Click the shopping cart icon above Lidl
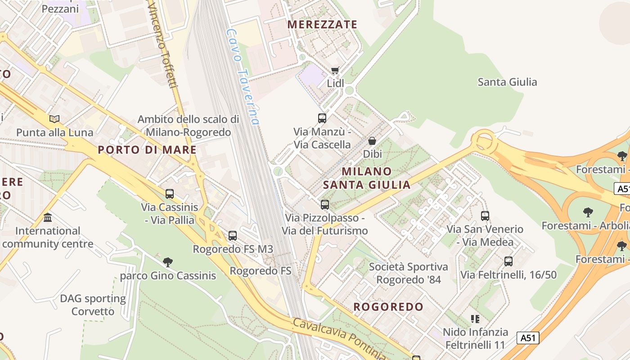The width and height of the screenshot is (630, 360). point(334,70)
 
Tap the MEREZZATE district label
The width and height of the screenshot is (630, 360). point(322,24)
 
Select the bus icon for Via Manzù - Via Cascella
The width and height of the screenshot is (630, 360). point(322,118)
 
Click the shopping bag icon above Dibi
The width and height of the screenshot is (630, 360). point(372,141)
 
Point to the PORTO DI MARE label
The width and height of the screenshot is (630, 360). point(147,150)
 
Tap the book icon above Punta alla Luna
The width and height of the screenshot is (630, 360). point(54,119)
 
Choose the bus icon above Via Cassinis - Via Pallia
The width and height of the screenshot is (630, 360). point(170,194)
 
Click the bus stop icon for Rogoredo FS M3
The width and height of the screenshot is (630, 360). point(233,235)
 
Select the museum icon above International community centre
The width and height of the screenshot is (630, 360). point(48,218)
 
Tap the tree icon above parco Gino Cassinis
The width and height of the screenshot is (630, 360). point(168,262)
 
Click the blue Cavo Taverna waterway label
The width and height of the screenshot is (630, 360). point(243,77)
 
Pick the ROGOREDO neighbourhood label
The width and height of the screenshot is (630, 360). point(388,307)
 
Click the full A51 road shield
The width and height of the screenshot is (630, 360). point(528,337)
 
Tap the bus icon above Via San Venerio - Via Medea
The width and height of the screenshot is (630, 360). point(485,216)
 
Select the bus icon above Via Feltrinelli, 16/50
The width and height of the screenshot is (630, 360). point(508,261)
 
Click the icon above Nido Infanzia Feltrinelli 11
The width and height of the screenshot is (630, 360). point(475,319)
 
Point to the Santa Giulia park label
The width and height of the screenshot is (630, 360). point(507,82)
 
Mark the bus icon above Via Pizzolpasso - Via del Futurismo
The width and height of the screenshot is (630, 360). point(325,205)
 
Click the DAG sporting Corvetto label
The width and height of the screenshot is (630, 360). point(93,305)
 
